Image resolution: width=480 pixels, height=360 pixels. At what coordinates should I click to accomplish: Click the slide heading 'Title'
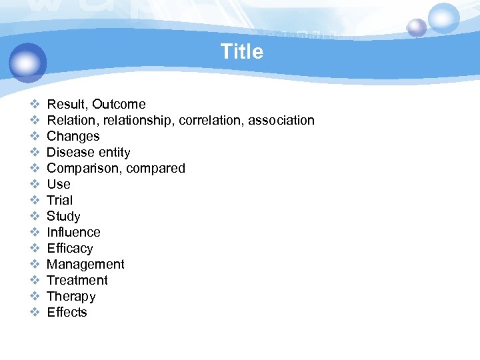(x=241, y=51)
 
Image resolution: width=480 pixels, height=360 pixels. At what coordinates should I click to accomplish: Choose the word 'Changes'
(x=73, y=136)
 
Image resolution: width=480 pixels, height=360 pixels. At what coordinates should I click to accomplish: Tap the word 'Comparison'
(x=81, y=168)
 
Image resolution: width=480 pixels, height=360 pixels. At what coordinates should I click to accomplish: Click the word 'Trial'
(x=60, y=200)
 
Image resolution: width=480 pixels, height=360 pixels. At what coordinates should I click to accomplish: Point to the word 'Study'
(x=63, y=216)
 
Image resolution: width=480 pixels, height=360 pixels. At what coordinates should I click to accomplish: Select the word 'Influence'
(x=73, y=232)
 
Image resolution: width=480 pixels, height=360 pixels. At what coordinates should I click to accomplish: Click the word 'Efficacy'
(x=70, y=248)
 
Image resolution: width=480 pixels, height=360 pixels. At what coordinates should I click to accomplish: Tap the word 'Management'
(x=85, y=264)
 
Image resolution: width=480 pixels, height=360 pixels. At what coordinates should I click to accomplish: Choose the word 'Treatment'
(x=77, y=280)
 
